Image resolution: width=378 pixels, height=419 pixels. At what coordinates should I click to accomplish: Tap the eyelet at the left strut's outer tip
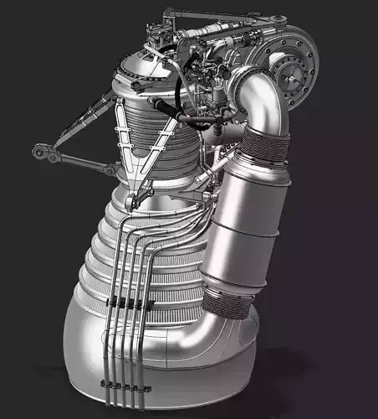37,151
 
